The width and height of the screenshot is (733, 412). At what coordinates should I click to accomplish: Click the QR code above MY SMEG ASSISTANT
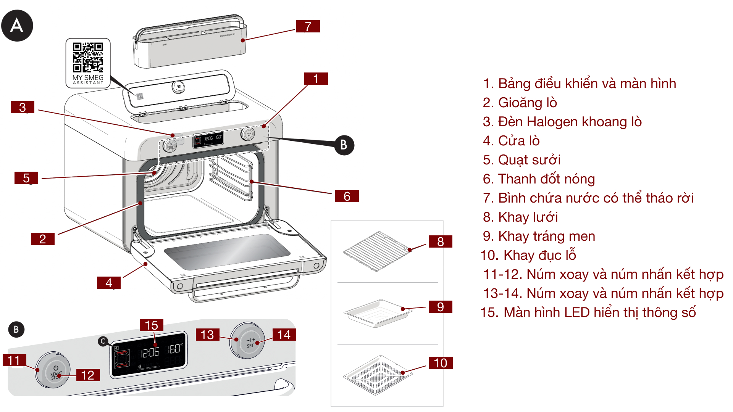88,57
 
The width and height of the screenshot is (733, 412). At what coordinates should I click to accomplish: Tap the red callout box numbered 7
308,26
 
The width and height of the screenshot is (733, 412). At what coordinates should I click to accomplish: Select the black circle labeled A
17,26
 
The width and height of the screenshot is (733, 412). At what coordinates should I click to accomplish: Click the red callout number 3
23,107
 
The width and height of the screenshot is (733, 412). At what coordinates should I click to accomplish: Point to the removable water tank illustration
190,44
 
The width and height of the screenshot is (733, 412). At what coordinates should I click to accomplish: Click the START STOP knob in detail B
53,370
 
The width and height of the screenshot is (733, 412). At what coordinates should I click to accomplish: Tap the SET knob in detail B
247,341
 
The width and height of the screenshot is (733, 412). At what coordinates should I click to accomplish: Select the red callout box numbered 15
151,325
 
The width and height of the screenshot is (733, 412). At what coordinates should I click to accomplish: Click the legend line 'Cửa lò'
511,141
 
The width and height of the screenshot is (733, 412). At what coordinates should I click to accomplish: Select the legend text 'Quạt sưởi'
521,160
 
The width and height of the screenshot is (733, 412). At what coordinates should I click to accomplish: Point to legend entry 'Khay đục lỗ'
528,255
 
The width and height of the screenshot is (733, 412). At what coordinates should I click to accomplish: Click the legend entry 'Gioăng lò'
520,103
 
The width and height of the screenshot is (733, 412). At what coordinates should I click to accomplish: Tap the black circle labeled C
103,341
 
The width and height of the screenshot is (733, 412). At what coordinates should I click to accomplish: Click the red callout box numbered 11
14,360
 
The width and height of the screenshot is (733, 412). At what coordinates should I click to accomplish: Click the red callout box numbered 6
347,196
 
